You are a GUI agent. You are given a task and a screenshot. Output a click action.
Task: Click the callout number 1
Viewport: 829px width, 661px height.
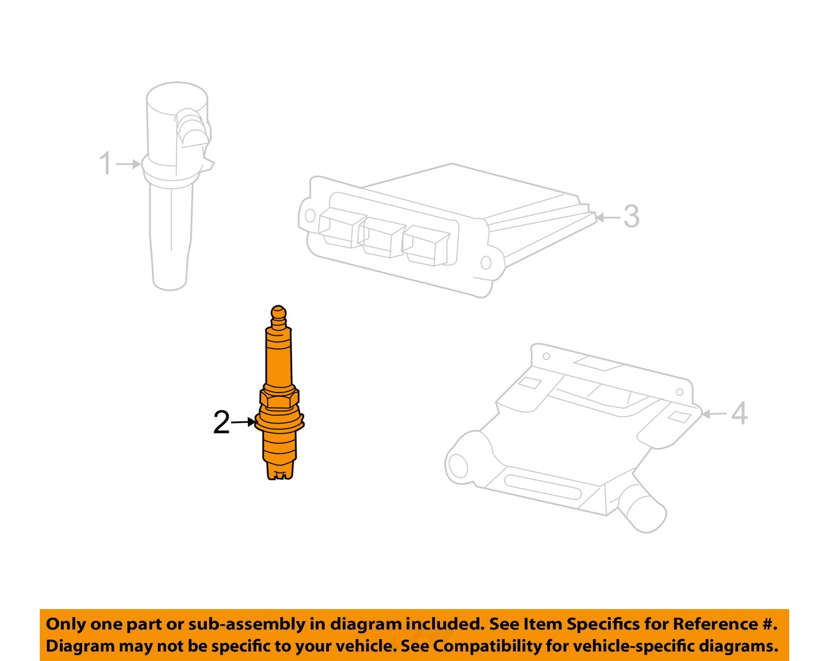[105, 163]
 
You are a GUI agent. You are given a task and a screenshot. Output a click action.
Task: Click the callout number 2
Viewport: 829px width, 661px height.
[221, 423]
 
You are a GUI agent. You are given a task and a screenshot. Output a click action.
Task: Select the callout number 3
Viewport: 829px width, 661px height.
[631, 216]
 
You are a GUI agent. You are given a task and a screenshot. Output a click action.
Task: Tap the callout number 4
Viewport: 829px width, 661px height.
[739, 413]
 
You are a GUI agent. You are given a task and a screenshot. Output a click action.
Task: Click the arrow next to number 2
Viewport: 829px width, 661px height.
[243, 422]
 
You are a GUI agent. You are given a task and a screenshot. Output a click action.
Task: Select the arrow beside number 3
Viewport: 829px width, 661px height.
[608, 218]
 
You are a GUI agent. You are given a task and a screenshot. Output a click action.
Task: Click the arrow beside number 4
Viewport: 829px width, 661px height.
[713, 414]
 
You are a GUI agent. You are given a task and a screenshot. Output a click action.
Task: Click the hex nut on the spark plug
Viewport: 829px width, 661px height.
[279, 396]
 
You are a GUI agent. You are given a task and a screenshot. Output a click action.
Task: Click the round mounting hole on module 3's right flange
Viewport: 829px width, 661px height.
[486, 262]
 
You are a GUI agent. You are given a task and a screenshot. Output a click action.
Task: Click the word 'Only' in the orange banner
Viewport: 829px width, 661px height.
[65, 624]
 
